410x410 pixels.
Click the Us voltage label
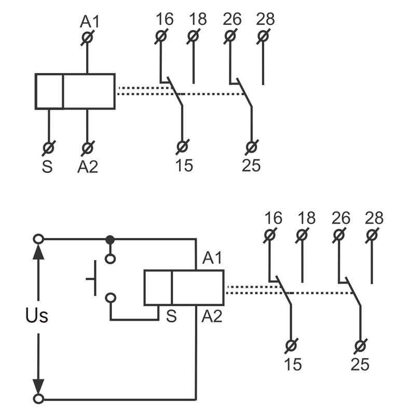(36, 315)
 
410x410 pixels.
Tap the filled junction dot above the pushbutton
(110, 240)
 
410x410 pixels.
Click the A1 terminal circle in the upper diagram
(87, 37)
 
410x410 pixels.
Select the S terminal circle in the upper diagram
(49, 147)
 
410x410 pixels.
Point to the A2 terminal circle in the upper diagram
(87, 147)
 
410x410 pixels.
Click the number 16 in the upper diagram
(164, 19)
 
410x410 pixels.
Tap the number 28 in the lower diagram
(374, 218)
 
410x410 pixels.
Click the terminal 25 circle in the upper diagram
(252, 147)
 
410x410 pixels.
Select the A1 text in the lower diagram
(212, 257)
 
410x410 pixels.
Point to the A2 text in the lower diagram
(212, 315)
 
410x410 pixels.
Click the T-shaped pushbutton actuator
(93, 279)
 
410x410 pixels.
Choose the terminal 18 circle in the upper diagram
(194, 37)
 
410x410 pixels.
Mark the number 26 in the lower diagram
(340, 218)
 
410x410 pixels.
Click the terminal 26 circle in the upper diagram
(230, 37)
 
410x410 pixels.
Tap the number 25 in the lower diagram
(360, 364)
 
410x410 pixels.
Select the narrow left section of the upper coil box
(49, 91)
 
